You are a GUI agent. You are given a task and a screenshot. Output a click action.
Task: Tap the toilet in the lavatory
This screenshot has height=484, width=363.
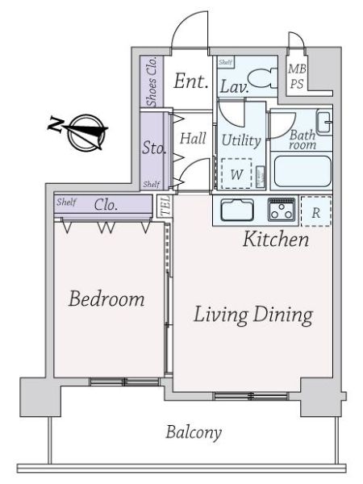coord(263,78)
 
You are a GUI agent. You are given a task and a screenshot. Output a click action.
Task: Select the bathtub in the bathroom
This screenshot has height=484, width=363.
coord(302,171)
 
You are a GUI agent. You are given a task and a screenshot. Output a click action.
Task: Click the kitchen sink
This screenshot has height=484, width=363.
coord(237,210)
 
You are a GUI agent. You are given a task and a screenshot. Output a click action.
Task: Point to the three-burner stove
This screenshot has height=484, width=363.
coord(282,210)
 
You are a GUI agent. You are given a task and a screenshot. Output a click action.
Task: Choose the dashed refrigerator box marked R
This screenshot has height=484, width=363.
coord(315,211)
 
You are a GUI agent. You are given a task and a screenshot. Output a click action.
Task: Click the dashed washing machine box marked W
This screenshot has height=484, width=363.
coord(236,173)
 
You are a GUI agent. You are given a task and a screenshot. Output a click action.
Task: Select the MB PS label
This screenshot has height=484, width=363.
coord(297,76)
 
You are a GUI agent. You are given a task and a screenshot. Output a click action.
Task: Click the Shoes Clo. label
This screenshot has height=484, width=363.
coord(152,81)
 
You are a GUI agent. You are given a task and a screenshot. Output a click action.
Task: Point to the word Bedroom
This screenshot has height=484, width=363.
coord(106,298)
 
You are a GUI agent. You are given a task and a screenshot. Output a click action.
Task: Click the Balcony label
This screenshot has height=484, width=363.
coord(194,432)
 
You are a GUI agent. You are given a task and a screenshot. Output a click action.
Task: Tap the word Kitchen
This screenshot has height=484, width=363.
coord(276,239)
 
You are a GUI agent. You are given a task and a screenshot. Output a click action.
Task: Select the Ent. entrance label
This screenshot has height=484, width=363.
coord(190,81)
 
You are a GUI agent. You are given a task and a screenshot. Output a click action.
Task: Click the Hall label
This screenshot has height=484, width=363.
coord(193,138)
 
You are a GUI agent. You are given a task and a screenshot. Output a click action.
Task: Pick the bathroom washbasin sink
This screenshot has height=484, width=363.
coord(323,123)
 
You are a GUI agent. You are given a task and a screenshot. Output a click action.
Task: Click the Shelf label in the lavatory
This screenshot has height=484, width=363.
coord(225,62)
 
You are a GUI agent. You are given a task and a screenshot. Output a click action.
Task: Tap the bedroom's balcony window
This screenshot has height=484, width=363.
coord(124,382)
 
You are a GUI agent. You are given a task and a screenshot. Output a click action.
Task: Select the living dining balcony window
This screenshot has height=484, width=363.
coord(251,396)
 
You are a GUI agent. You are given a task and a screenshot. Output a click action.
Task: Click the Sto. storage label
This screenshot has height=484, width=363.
coord(154,148)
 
